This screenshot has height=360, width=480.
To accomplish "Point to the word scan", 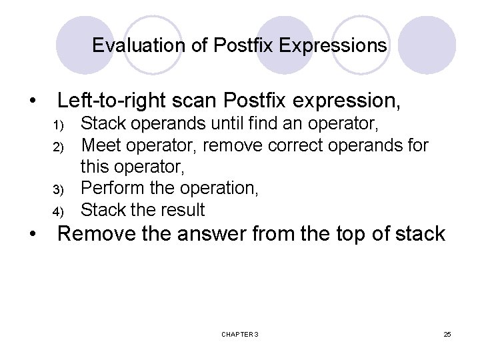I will click(199, 101).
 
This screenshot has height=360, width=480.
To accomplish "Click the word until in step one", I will click(229, 123).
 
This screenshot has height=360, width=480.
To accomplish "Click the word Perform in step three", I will click(110, 189).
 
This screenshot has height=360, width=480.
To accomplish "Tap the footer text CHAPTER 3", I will click(240, 333).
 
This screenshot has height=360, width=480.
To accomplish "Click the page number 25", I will click(447, 333).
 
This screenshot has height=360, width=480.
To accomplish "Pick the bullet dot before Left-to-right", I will click(32, 102).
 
